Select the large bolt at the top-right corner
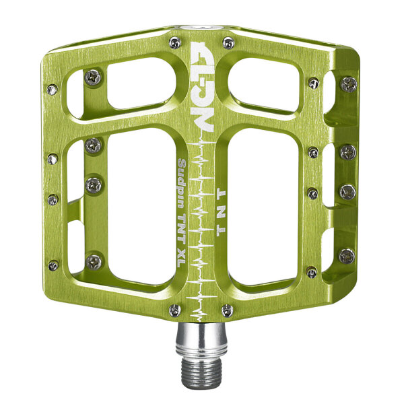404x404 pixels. point(348,85)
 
